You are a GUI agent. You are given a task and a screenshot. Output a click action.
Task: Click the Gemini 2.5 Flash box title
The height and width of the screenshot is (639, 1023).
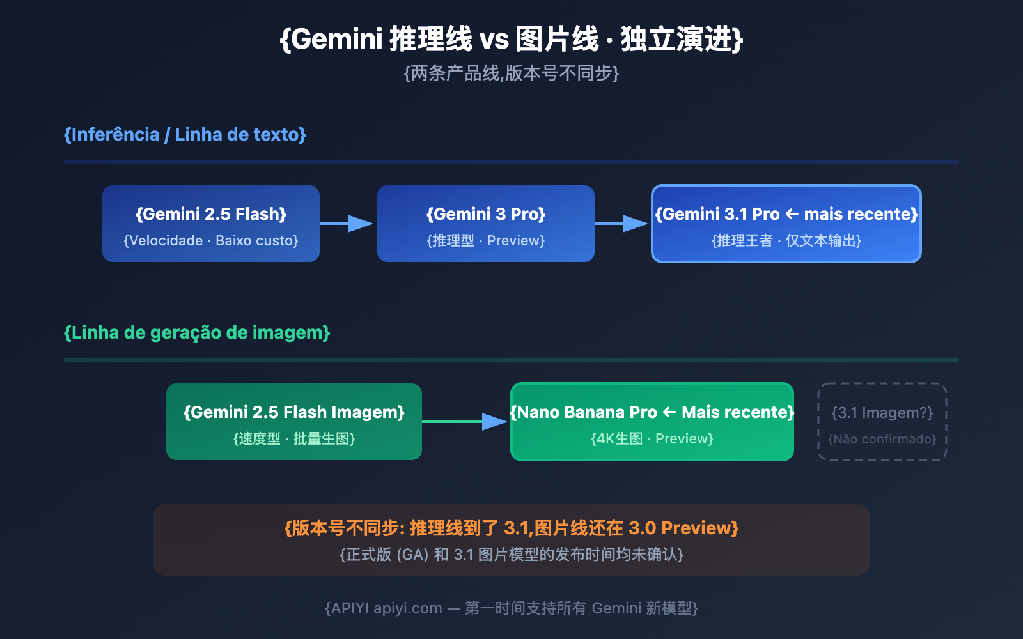pyautogui.click(x=211, y=214)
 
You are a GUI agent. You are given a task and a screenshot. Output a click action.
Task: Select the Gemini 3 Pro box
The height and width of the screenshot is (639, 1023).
pyautogui.click(x=486, y=224)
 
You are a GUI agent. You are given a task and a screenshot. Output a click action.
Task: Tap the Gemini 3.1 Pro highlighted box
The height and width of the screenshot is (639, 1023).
pyautogui.click(x=786, y=224)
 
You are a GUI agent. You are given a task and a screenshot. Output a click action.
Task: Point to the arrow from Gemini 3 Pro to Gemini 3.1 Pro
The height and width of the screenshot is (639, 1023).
pyautogui.click(x=621, y=224)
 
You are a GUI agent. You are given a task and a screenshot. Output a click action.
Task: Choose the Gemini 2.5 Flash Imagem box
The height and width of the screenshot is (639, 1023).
pyautogui.click(x=294, y=422)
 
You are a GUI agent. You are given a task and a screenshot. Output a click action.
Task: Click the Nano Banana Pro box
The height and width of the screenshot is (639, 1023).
pyautogui.click(x=652, y=422)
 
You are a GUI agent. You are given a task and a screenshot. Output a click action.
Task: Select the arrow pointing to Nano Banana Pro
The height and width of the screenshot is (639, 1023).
pyautogui.click(x=465, y=422)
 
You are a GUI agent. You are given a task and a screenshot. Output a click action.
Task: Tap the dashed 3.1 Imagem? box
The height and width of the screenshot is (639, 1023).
pyautogui.click(x=882, y=422)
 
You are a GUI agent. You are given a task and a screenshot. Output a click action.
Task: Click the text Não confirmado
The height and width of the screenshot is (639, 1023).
pyautogui.click(x=882, y=439)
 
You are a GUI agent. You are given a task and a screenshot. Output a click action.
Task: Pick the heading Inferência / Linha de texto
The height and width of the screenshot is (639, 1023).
pyautogui.click(x=185, y=134)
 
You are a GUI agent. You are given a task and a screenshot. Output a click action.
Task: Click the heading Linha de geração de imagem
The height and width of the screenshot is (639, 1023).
pyautogui.click(x=197, y=332)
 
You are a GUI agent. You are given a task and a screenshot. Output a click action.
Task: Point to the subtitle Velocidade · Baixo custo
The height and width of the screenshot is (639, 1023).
pyautogui.click(x=211, y=241)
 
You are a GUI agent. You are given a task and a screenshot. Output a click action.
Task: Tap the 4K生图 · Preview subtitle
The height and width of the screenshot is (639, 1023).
pyautogui.click(x=652, y=439)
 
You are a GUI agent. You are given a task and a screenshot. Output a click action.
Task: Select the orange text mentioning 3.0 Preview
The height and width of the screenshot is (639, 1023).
pyautogui.click(x=511, y=528)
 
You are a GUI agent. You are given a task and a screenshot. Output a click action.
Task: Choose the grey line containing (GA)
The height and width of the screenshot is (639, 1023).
pyautogui.click(x=511, y=554)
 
